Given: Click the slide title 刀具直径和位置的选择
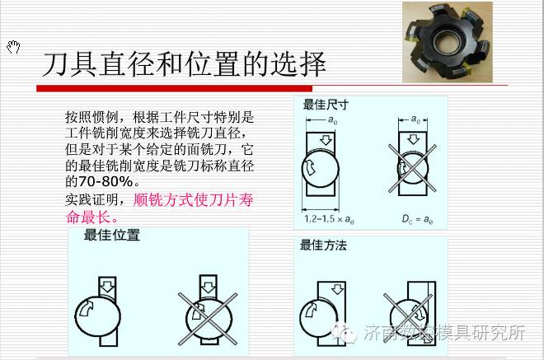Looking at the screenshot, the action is pos(184,64).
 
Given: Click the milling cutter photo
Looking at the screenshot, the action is pos(448,42).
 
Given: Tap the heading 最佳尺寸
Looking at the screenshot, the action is pos(326,105).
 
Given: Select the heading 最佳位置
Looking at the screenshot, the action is pos(112,235).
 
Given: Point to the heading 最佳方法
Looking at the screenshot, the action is pos(323,245).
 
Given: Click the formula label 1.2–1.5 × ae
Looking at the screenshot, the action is pos(329,219).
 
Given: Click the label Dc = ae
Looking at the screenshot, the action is pos(417,219).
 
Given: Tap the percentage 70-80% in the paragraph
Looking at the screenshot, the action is pos(106,181).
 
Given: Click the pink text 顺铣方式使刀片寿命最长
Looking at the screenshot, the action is pos(159,208).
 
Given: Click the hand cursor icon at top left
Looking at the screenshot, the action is pos(13,47).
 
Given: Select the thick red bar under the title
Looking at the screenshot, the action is pos(174,88).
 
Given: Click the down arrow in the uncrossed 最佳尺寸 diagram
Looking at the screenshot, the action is pos(326,140).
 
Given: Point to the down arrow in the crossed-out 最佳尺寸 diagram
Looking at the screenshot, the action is pos(413,139).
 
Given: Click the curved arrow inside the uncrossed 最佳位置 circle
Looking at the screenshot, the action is pos(86,308).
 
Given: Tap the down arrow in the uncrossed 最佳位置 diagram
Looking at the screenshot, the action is pos(108,287).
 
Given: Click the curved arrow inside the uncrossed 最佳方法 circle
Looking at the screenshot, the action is pos(311,310).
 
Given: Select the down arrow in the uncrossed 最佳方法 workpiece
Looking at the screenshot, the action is pos(337,289).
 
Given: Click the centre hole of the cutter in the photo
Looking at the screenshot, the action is pos(448,41).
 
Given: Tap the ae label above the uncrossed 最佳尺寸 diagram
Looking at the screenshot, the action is pos(332,120).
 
